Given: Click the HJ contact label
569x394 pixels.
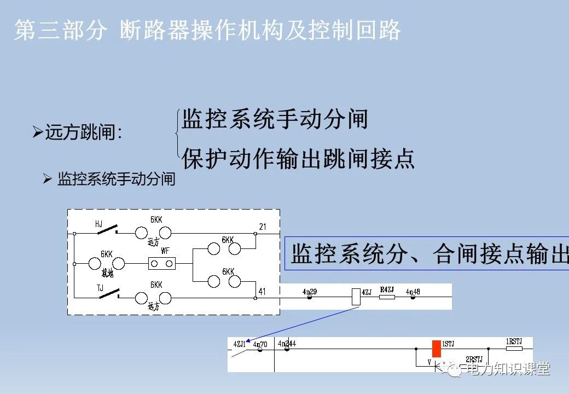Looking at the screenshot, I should [98, 224].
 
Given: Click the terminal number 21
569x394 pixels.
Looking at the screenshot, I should [263, 227].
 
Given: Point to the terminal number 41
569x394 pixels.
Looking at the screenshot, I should [262, 292].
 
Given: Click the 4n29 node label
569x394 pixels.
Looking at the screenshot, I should [309, 292].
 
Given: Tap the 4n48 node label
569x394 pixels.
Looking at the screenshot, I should [413, 292].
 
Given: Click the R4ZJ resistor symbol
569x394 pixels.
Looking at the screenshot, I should [387, 297].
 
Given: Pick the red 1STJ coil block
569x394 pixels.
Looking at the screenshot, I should [436, 349].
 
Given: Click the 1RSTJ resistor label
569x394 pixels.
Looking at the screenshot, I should [514, 342].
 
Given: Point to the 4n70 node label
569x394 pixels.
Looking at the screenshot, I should [260, 344].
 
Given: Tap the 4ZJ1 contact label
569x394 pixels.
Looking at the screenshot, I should [239, 344].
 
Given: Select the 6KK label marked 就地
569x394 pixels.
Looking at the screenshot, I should [106, 254].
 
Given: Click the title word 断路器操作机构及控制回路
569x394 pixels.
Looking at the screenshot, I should [260, 31].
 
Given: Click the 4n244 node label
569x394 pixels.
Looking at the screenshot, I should [287, 344].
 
